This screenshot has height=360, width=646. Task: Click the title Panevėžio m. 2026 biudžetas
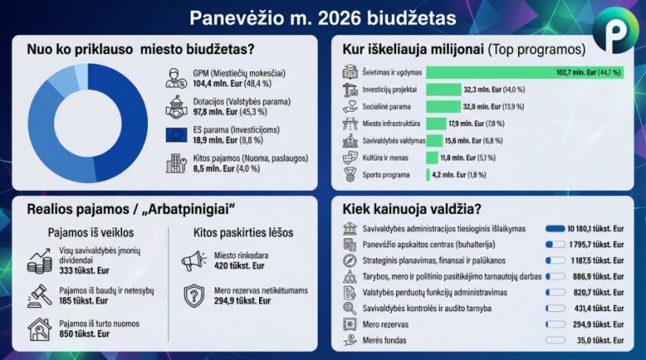[x=323, y=17]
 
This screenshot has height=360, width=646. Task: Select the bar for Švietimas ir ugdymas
[x=524, y=72]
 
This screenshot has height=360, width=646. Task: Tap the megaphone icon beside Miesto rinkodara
[x=194, y=261]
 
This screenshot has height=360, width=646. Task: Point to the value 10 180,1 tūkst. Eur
[x=594, y=229]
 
